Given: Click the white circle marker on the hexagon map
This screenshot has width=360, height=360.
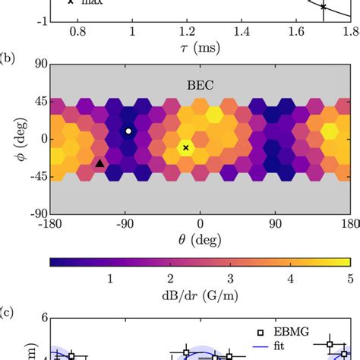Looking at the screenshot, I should (128, 131).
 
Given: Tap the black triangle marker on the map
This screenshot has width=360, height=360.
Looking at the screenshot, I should (99, 163).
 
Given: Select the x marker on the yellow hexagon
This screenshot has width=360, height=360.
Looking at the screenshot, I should (186, 147).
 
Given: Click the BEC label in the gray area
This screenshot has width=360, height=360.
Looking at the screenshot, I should (201, 86).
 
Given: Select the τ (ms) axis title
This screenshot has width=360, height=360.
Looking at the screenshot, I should (200, 48).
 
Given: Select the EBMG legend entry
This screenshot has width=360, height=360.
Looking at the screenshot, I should (292, 332).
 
